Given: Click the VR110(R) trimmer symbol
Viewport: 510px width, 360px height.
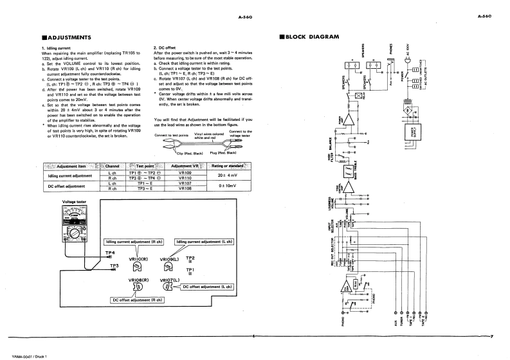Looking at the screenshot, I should (138, 265).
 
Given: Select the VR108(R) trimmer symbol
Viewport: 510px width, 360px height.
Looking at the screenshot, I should (138, 287).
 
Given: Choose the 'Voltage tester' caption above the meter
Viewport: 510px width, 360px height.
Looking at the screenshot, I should (73, 202).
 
